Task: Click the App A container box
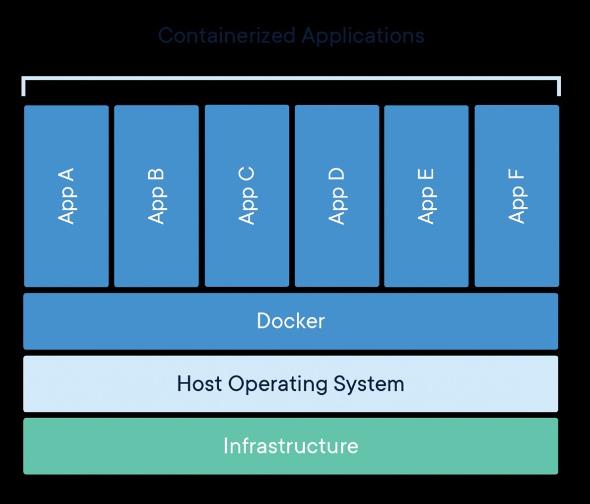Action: tap(66, 196)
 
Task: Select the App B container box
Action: tap(156, 196)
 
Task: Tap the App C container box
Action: tap(247, 196)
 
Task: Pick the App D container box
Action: tap(337, 196)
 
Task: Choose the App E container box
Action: tap(426, 196)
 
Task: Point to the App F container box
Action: tap(516, 196)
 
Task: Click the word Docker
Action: tap(291, 321)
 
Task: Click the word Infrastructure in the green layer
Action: tap(291, 446)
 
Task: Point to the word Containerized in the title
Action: tap(227, 36)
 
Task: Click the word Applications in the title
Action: tap(363, 36)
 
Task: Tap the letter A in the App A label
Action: tap(66, 175)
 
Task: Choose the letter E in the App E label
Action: tap(426, 175)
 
